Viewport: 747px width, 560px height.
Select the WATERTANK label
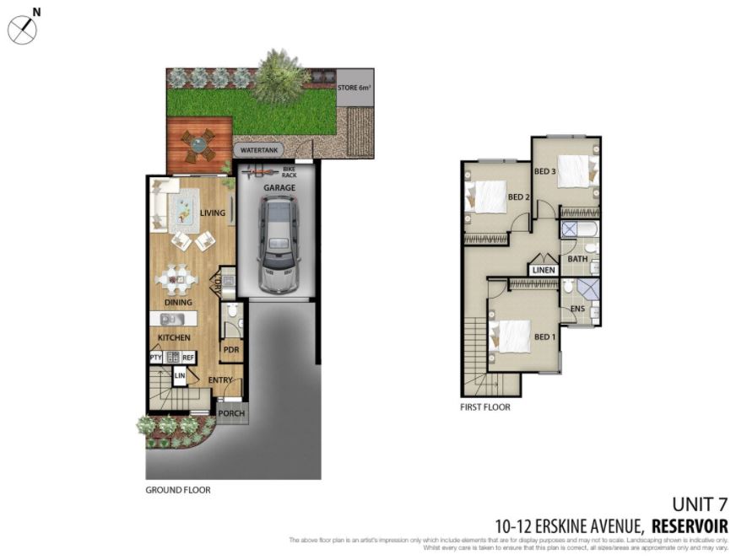click(x=259, y=150)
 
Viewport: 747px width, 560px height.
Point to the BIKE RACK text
click(x=290, y=172)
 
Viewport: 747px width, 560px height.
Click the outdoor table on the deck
click(x=198, y=143)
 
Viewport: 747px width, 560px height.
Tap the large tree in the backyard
click(x=280, y=77)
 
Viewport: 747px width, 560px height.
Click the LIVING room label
click(x=213, y=213)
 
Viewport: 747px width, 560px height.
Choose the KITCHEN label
click(x=174, y=338)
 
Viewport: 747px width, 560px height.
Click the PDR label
click(x=230, y=347)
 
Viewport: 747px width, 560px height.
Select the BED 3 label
click(x=545, y=171)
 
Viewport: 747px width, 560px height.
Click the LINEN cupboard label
click(x=544, y=270)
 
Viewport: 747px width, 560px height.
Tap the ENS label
click(x=577, y=310)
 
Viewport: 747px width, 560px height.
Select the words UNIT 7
click(x=699, y=504)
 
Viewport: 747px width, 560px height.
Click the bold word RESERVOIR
click(x=690, y=525)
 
